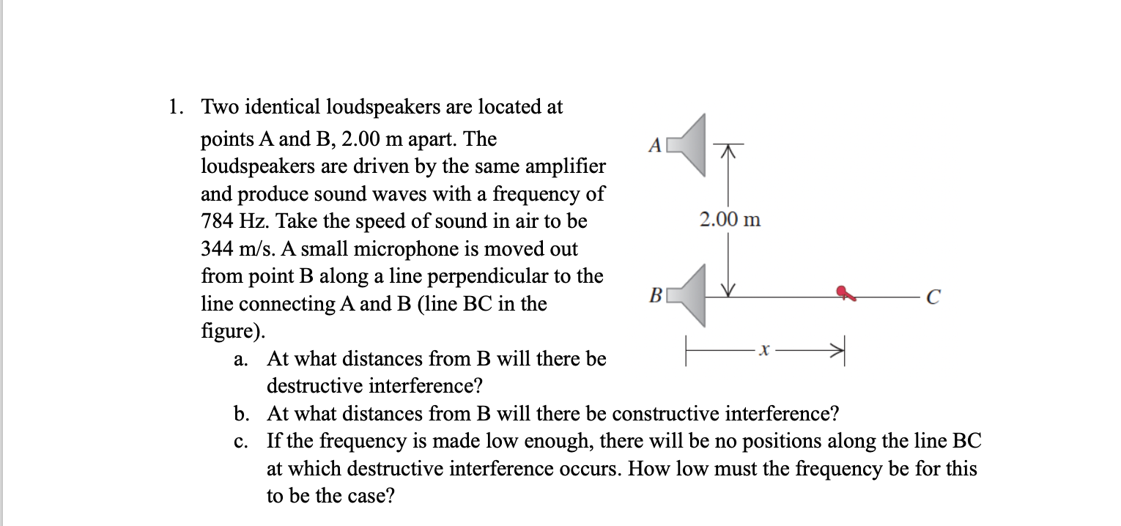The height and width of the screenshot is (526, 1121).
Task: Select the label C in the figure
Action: pos(932,297)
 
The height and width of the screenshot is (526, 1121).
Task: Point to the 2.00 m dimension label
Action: pos(730,219)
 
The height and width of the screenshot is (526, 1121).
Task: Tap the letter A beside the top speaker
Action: pos(656,145)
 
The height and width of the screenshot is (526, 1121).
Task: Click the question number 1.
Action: pos(174,108)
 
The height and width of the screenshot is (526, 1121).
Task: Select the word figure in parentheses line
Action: pos(229,331)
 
